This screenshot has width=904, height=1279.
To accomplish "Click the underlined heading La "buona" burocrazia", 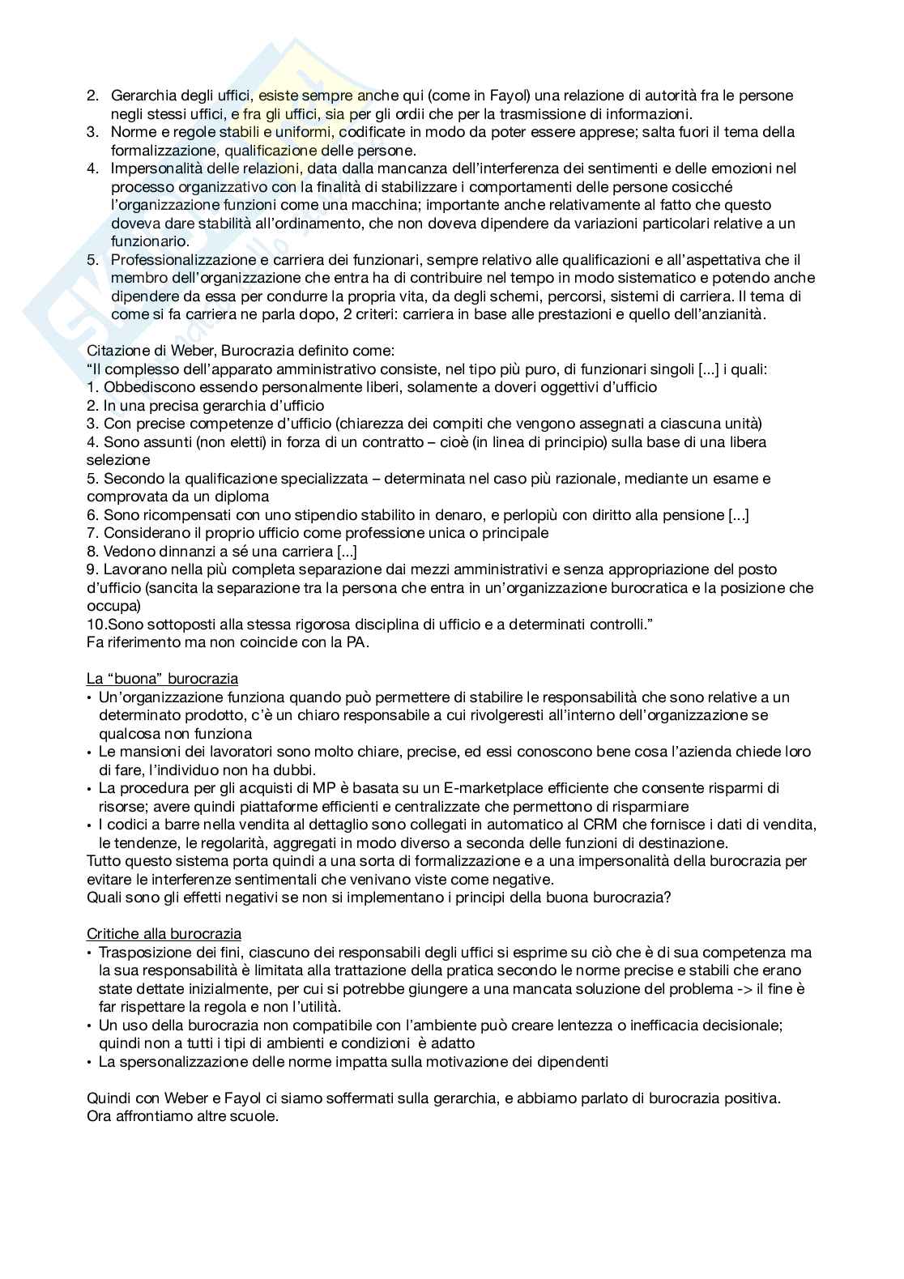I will [162, 679].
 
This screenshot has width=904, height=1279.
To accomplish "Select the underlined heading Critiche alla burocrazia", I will [164, 934].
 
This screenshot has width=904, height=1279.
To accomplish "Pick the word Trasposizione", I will [144, 953].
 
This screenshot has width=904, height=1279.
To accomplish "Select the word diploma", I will [244, 497].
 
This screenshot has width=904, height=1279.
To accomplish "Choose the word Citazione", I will [117, 351].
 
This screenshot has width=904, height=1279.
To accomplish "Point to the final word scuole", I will [254, 1116].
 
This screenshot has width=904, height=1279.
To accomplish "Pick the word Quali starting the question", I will [103, 897].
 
